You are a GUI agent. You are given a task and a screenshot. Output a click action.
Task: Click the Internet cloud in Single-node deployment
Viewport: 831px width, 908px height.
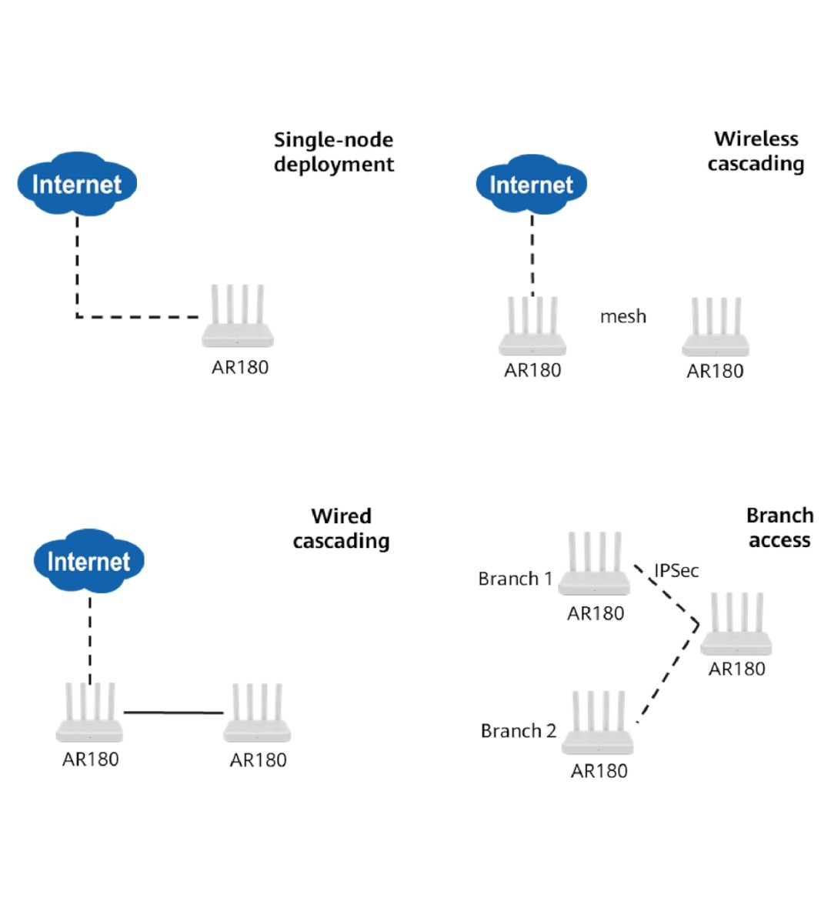(77, 184)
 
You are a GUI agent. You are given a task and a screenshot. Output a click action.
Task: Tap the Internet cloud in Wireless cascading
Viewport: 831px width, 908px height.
(531, 185)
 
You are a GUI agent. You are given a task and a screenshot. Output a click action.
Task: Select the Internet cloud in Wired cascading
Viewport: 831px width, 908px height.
(88, 561)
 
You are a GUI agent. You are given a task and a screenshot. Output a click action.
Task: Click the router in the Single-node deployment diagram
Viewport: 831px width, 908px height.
(238, 319)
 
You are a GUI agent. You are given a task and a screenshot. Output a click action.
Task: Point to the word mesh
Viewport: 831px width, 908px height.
(623, 316)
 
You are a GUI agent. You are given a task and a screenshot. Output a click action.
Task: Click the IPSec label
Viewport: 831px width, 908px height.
(676, 570)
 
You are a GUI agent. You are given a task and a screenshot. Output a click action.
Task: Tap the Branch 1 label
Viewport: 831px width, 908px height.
(516, 579)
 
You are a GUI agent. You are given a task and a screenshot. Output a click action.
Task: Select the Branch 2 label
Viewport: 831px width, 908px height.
(518, 731)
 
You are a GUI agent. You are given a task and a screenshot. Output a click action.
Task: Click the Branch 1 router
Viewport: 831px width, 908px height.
(594, 566)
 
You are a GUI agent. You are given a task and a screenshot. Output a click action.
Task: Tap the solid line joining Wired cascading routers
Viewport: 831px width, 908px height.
(173, 713)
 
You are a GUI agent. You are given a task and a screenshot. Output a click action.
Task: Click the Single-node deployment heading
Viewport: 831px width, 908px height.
(334, 152)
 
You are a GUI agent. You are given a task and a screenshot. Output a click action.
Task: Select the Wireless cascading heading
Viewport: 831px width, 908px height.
(756, 151)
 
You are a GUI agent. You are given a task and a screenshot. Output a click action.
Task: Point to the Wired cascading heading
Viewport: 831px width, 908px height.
(341, 528)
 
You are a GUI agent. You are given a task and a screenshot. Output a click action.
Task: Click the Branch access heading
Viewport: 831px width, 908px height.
(779, 527)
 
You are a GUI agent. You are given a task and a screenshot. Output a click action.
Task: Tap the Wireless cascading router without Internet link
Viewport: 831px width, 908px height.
(716, 329)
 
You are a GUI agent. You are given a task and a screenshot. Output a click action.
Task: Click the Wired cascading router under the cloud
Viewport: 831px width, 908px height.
(89, 714)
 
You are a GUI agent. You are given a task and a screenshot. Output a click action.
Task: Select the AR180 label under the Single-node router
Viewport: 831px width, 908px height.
(240, 368)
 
